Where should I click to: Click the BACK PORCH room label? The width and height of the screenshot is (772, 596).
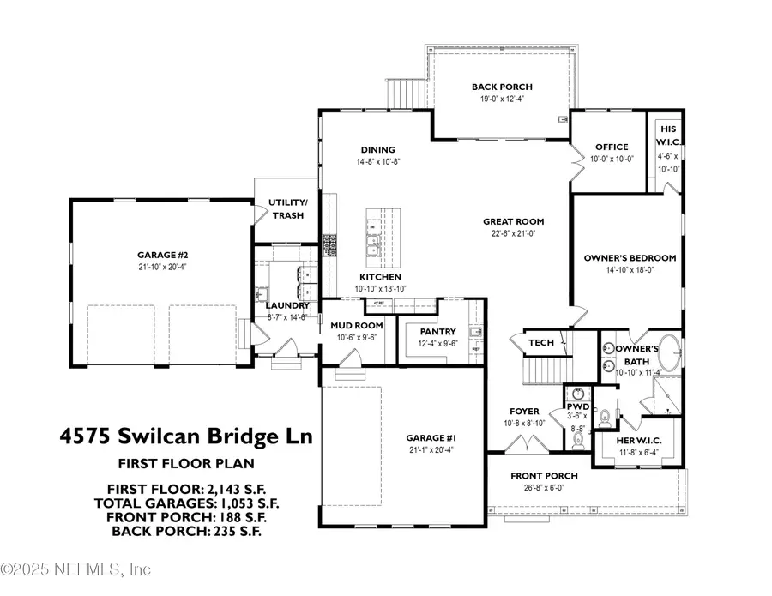click(502, 87)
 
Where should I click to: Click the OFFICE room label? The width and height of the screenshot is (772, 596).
click(610, 147)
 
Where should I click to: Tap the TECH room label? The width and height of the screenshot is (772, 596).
click(540, 342)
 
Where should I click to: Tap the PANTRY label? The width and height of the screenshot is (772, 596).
click(425, 331)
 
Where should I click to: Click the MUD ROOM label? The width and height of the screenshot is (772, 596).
click(356, 326)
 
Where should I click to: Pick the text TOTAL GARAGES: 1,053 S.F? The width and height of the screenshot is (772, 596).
click(186, 503)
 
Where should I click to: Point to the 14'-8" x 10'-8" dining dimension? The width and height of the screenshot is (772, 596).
click(378, 161)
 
